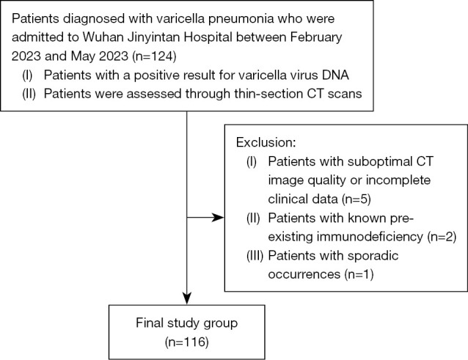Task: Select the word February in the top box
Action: (x=315, y=38)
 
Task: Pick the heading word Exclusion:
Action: (x=266, y=142)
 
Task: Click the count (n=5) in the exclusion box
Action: (x=356, y=199)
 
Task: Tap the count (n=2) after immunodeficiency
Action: (x=442, y=237)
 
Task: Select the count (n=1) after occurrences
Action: (x=359, y=274)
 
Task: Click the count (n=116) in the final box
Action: (x=187, y=342)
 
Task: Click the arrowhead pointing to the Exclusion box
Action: (x=218, y=218)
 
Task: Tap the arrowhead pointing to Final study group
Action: (x=187, y=298)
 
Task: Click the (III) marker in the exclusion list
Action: (x=255, y=256)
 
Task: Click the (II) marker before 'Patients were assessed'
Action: (x=29, y=94)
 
